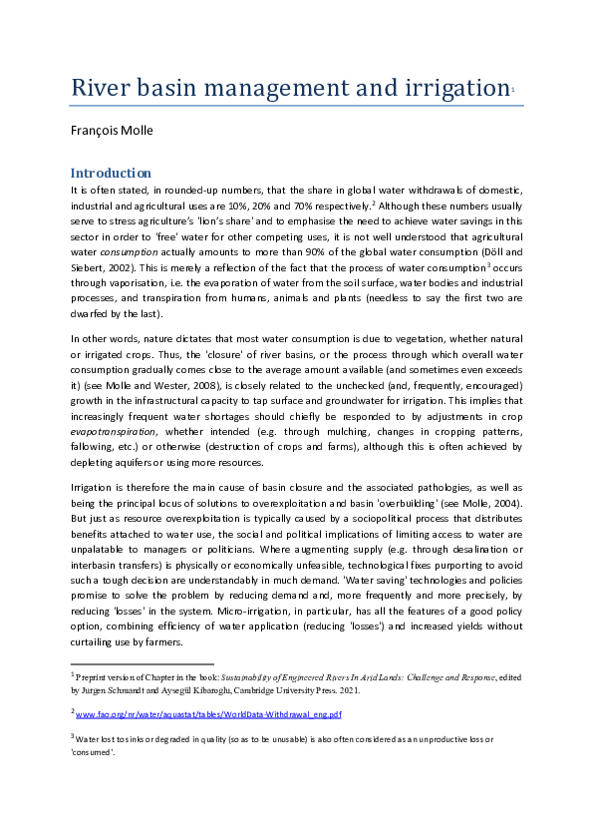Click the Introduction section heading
tap(110, 173)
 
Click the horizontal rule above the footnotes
tap(142, 663)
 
